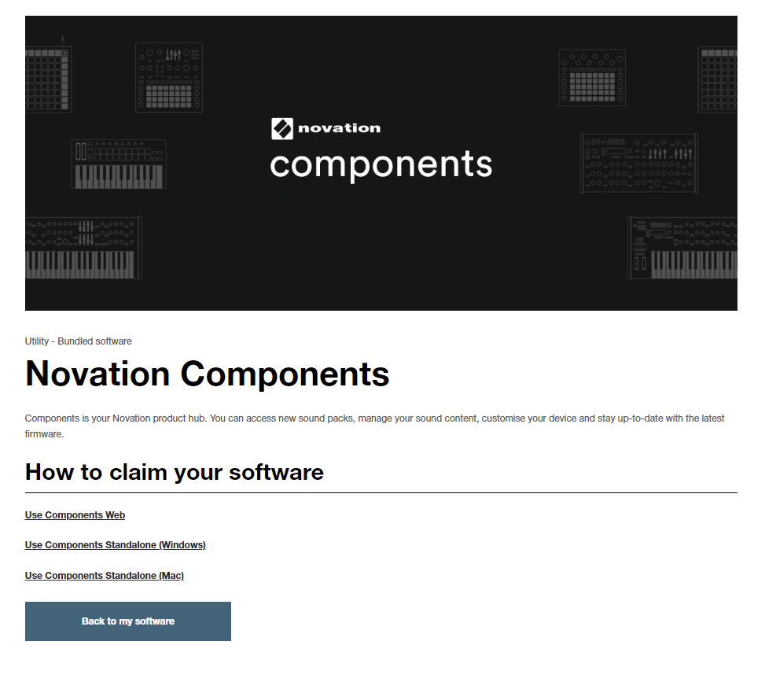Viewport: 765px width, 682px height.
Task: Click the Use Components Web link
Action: pyautogui.click(x=75, y=515)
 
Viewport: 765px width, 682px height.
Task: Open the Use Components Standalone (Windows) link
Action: pyautogui.click(x=115, y=545)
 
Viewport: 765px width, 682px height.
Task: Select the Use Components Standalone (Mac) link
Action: pyautogui.click(x=105, y=576)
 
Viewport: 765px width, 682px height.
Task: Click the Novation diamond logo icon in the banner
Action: pyautogui.click(x=282, y=128)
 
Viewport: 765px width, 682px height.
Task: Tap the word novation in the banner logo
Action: pyautogui.click(x=339, y=128)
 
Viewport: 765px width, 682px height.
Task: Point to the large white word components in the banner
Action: pyautogui.click(x=381, y=164)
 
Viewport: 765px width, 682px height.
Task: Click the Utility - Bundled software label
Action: pyautogui.click(x=78, y=341)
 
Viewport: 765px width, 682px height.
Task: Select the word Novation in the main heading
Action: pyautogui.click(x=97, y=374)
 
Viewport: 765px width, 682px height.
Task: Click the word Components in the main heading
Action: pyautogui.click(x=285, y=374)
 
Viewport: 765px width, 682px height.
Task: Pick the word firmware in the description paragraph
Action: pyautogui.click(x=44, y=434)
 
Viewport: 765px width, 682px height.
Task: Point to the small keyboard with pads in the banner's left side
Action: pyautogui.click(x=119, y=164)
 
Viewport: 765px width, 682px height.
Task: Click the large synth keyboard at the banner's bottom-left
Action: pyautogui.click(x=83, y=248)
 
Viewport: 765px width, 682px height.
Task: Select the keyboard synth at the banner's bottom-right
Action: pyautogui.click(x=682, y=248)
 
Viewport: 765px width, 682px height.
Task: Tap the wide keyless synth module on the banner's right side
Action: pyautogui.click(x=639, y=163)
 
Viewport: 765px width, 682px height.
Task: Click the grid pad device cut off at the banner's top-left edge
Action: pyautogui.click(x=48, y=79)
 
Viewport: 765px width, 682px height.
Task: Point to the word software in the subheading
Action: pyautogui.click(x=276, y=472)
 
